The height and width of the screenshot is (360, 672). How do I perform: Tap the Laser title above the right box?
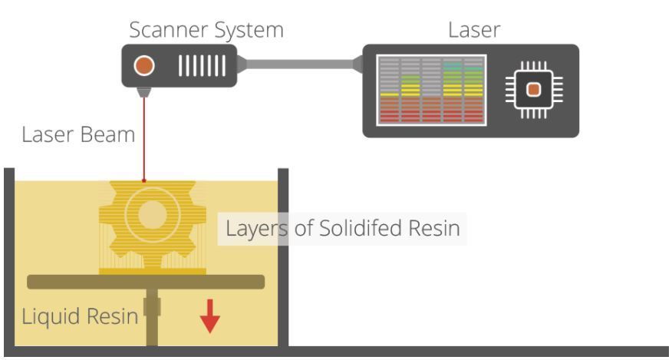coord(474,30)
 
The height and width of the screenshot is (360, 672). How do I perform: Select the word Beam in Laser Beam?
coord(107,135)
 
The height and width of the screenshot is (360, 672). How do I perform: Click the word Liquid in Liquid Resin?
coord(51,317)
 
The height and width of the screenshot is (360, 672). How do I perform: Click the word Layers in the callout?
coord(256,229)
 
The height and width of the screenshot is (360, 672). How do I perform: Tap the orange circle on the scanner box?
coord(144,66)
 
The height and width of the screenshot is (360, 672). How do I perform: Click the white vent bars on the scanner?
coord(202,66)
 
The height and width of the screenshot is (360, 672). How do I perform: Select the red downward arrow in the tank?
coord(209,317)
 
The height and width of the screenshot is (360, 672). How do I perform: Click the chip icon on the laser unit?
coord(534,90)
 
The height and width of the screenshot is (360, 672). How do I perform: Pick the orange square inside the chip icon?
coord(534,90)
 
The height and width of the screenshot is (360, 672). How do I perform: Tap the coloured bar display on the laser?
coord(431,90)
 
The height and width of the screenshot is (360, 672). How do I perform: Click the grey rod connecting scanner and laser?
coord(300,64)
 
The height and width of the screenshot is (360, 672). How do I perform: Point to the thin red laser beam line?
coord(144,139)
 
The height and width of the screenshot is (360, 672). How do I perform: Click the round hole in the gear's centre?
coord(153,214)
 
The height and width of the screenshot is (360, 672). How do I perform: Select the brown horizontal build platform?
coord(146,282)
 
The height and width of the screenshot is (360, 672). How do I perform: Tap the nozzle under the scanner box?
coord(144,92)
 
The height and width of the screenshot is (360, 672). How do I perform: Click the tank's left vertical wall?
coord(9,257)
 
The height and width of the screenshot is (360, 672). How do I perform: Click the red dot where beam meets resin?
coord(144,180)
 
